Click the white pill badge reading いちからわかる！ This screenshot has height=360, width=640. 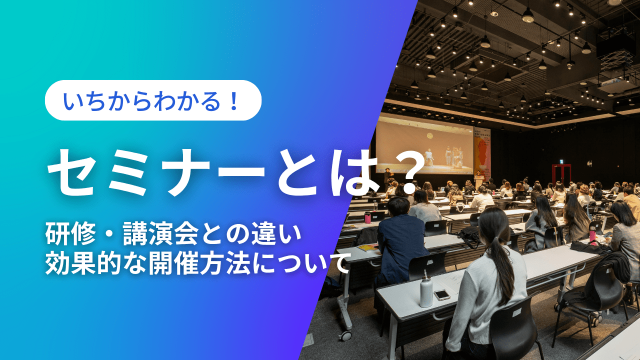click(x=153, y=100)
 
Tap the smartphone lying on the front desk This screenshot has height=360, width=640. click(x=442, y=294)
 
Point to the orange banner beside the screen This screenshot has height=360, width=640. click(x=482, y=150)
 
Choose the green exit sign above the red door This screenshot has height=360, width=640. click(x=561, y=161)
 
